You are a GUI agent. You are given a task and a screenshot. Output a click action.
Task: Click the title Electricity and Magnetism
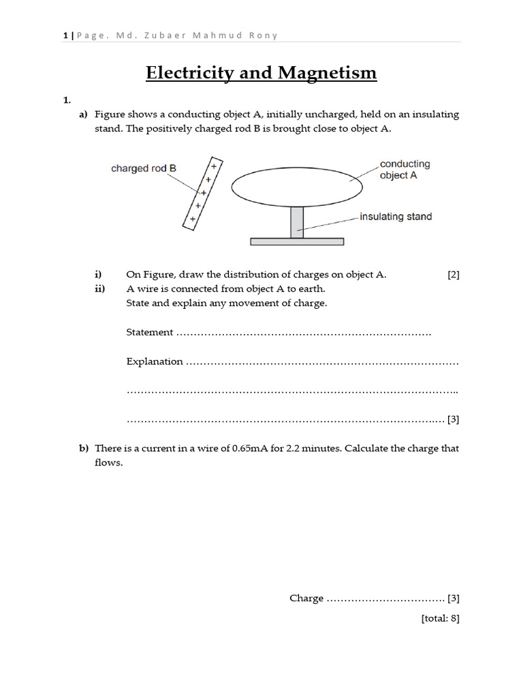click(261, 72)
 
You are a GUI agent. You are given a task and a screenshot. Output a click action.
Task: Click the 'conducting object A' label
click(405, 170)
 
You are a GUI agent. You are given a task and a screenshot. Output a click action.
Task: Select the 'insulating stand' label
click(395, 217)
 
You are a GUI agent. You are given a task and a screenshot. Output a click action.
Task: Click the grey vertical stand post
click(297, 222)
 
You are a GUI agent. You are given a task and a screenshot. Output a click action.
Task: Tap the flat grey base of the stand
click(297, 241)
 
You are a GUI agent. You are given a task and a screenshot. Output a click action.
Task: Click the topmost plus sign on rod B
click(214, 166)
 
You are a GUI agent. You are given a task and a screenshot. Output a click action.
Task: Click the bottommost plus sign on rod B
click(193, 219)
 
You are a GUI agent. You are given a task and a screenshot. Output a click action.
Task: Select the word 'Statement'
click(150, 333)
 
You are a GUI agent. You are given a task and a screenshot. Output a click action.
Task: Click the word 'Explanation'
click(155, 362)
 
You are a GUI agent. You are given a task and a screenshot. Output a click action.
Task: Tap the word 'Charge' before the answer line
click(306, 598)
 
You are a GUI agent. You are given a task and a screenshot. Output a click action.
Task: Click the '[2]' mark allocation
click(454, 275)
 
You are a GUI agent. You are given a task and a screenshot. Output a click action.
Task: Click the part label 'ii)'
click(99, 288)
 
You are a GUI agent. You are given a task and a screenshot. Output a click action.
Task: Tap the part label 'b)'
click(84, 449)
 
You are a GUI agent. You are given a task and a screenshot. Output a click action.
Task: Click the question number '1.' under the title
click(67, 100)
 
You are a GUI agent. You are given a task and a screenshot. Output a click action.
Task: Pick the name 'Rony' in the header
click(264, 35)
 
